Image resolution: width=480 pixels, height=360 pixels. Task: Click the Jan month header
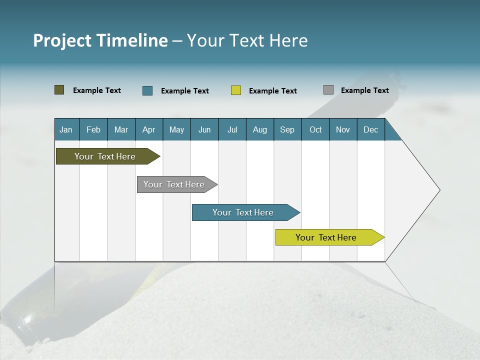click(x=66, y=129)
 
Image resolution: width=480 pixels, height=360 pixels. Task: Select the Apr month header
click(x=149, y=129)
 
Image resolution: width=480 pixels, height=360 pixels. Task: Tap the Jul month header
click(x=232, y=129)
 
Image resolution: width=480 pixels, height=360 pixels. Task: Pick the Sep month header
click(x=287, y=129)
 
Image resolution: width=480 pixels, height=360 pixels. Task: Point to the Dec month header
click(x=370, y=129)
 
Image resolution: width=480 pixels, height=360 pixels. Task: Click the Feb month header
click(x=93, y=129)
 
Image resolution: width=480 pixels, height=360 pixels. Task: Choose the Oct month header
click(x=315, y=129)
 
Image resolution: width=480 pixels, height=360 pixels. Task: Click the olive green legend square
click(x=59, y=90)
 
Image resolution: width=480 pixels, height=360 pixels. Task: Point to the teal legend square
click(x=147, y=90)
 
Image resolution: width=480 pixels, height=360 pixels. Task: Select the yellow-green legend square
click(x=236, y=90)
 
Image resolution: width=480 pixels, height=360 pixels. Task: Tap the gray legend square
click(x=328, y=90)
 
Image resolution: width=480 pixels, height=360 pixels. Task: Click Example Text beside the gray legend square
click(x=364, y=90)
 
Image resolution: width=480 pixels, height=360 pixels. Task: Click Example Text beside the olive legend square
click(x=96, y=90)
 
